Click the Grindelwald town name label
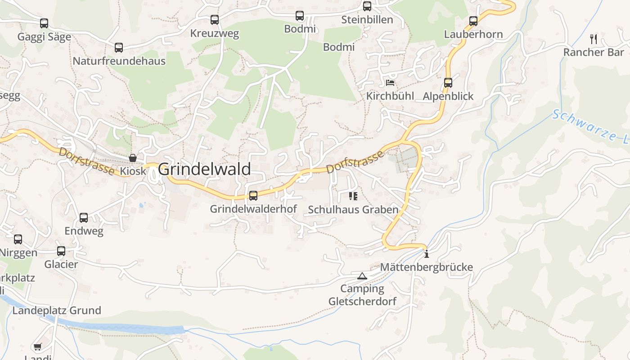(x=204, y=169)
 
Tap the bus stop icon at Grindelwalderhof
(x=253, y=195)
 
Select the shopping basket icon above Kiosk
(x=133, y=158)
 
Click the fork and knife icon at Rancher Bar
(x=594, y=39)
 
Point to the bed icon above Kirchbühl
(x=390, y=83)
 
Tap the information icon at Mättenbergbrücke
(x=426, y=254)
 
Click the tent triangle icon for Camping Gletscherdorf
(x=362, y=275)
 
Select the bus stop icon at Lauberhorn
(x=473, y=21)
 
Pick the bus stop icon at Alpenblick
(x=448, y=83)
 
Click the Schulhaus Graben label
(x=353, y=210)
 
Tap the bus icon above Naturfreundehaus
(x=119, y=47)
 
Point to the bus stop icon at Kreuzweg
(x=215, y=20)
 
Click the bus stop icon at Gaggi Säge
(x=44, y=23)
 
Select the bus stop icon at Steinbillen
(x=367, y=6)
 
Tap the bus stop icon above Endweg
(x=84, y=218)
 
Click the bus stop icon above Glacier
(x=61, y=251)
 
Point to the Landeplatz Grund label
(x=57, y=310)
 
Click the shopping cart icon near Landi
(x=37, y=346)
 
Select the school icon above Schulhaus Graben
(x=353, y=196)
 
